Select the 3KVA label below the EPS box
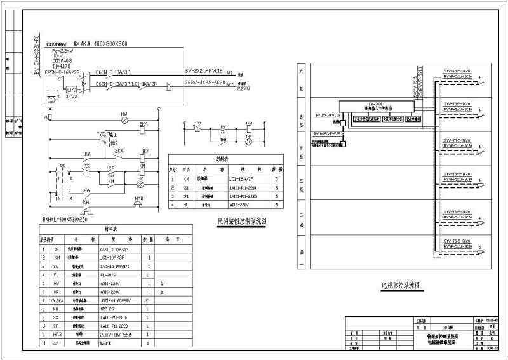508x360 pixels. pos(72,98)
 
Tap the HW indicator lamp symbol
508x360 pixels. pos(124,119)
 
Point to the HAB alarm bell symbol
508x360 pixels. pos(137,204)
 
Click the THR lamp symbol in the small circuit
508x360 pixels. pos(249,137)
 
